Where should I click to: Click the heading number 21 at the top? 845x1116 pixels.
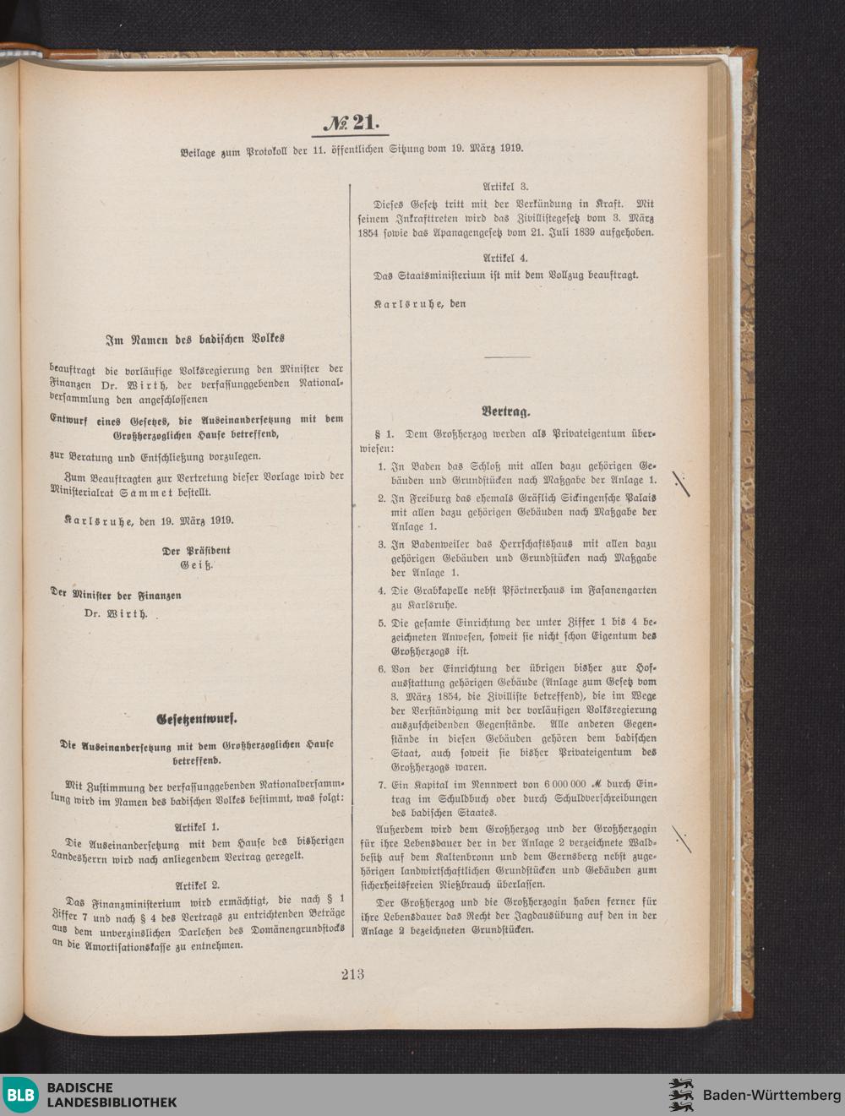355,123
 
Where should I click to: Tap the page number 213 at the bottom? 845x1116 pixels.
353,974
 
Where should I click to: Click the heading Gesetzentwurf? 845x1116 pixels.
197,720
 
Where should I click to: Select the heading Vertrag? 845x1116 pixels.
506,411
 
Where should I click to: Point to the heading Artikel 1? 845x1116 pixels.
196,826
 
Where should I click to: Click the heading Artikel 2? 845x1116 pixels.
196,885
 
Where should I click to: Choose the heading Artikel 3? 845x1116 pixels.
505,186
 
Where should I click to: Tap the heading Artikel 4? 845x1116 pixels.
505,257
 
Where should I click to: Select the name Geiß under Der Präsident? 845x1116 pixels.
196,564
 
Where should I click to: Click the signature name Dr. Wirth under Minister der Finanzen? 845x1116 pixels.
116,613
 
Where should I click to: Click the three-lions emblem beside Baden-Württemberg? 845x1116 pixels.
681,1095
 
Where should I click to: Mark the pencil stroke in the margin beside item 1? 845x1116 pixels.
681,483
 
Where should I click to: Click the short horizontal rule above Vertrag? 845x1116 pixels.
507,357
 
